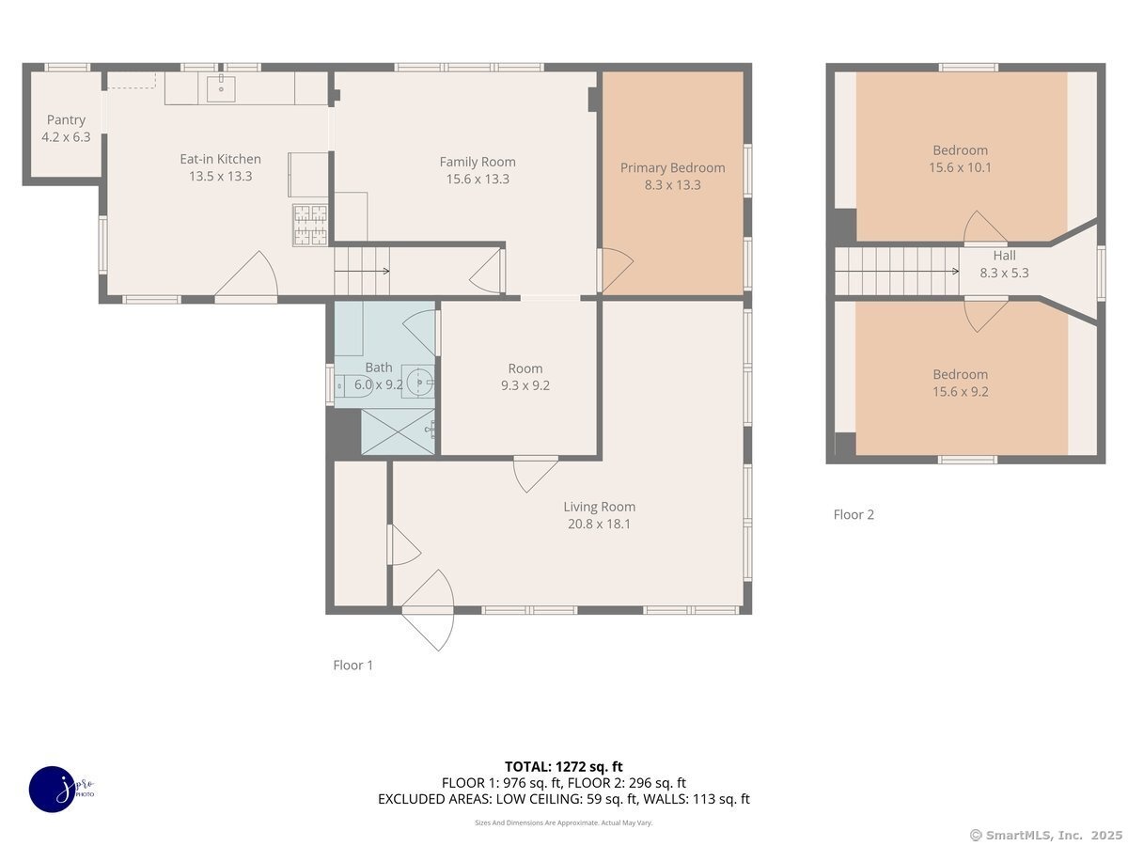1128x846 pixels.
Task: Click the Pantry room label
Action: tap(66, 119)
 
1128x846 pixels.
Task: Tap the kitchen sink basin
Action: tap(221, 88)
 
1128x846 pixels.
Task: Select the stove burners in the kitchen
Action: tap(310, 225)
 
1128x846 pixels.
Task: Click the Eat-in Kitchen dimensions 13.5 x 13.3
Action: tap(221, 176)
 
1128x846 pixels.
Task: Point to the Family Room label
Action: tap(478, 162)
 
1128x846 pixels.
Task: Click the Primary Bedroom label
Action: tap(673, 167)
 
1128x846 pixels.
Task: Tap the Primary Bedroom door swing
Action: tap(615, 270)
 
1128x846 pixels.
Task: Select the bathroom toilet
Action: tap(354, 385)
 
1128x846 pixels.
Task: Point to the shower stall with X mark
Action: tap(398, 431)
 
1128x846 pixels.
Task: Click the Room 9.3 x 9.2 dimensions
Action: tap(525, 385)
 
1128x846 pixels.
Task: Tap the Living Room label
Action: tap(599, 507)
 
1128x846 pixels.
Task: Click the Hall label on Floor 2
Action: tap(1004, 256)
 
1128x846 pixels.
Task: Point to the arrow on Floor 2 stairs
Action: tap(897, 272)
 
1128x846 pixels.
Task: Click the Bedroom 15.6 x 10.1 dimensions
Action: tap(960, 167)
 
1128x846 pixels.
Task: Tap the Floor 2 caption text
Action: tap(854, 515)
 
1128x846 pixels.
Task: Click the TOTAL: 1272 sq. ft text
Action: tap(564, 767)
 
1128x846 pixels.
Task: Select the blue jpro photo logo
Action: tap(54, 790)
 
